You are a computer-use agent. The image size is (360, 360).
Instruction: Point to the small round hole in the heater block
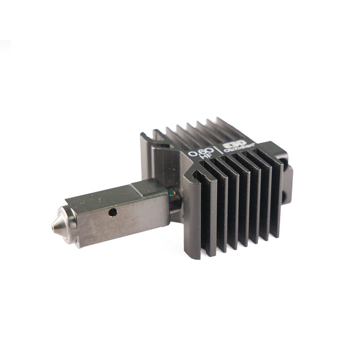click(112, 212)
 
